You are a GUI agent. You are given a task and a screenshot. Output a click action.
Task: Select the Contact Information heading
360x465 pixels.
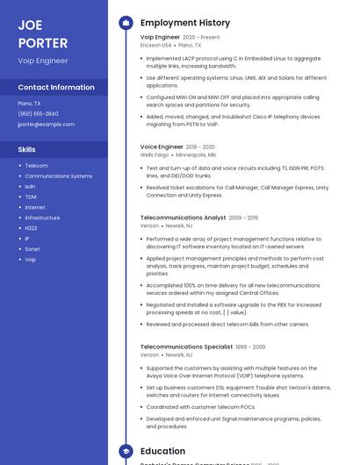(56, 88)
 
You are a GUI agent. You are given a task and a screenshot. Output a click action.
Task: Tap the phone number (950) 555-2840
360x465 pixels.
(38, 114)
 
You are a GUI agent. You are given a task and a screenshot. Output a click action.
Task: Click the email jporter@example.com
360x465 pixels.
(46, 125)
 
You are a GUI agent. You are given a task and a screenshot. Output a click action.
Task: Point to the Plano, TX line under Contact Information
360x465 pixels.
(29, 104)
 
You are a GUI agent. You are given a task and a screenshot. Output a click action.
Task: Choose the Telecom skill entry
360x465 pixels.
(36, 166)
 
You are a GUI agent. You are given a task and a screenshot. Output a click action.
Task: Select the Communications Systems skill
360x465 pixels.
(58, 176)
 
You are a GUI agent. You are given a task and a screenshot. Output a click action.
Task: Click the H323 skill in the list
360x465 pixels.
(31, 228)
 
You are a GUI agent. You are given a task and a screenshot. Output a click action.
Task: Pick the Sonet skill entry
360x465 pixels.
(32, 249)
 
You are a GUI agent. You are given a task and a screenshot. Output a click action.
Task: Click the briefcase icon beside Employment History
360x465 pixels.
(126, 23)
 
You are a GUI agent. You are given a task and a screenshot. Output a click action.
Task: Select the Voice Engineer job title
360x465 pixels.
(161, 147)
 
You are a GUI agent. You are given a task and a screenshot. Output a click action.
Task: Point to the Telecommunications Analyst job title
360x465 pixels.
(183, 218)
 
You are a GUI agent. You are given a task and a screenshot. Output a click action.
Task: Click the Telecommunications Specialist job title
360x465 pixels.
(186, 347)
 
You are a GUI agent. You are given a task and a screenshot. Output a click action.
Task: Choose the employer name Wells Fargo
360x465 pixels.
(155, 154)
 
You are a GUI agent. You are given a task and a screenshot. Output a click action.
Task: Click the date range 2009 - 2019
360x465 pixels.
(243, 218)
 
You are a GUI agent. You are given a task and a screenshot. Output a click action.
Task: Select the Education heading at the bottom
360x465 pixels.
(162, 451)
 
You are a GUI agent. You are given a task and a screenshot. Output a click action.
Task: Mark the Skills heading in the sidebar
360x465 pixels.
(26, 150)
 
